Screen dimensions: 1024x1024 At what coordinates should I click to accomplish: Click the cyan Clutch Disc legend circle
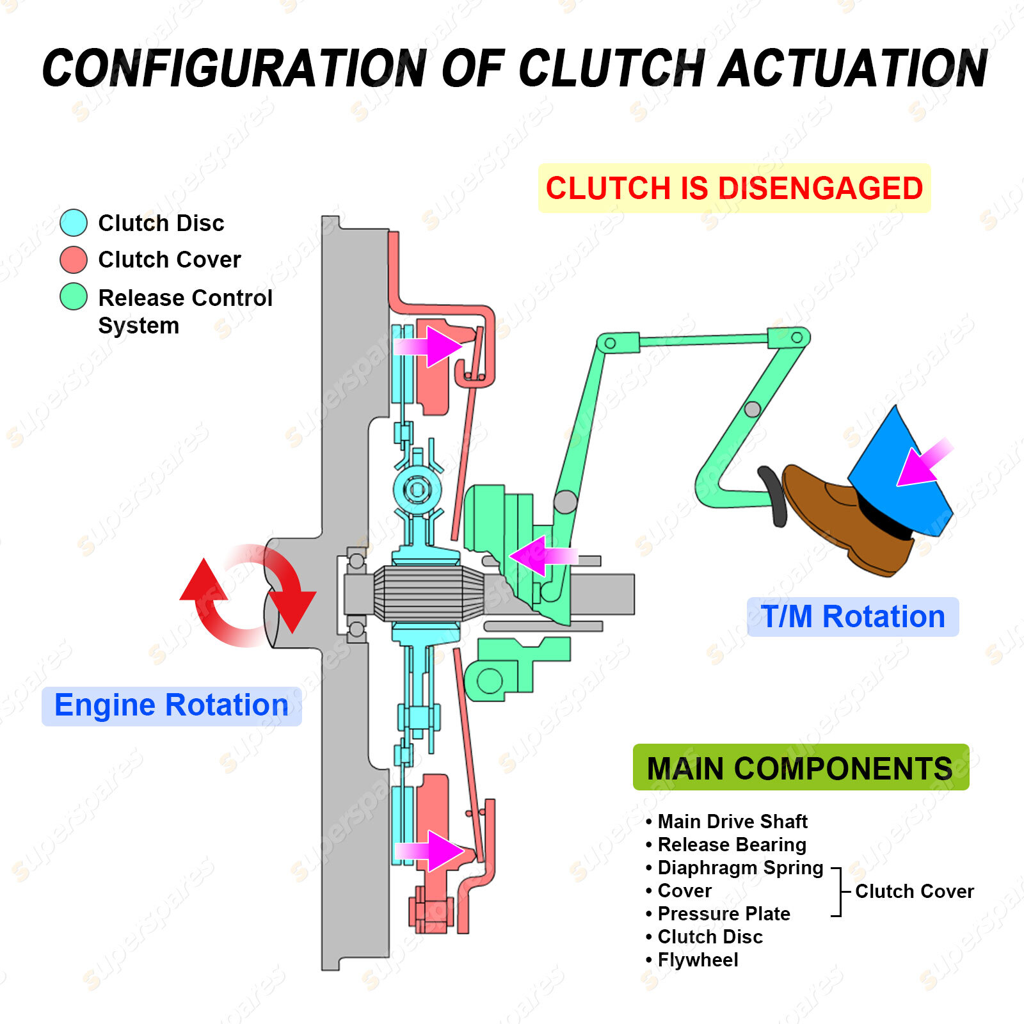click(74, 223)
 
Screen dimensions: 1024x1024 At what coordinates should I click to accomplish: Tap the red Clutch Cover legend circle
click(74, 260)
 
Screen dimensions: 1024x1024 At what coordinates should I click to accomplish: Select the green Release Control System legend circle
click(74, 297)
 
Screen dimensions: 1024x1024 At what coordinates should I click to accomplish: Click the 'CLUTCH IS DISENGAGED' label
click(734, 188)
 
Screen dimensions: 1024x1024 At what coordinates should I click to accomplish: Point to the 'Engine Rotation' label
click(172, 705)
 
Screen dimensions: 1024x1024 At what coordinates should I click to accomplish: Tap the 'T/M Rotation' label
click(852, 617)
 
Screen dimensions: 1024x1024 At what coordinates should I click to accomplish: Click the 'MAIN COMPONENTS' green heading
click(800, 767)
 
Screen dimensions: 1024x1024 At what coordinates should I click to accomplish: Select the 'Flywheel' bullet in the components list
click(698, 960)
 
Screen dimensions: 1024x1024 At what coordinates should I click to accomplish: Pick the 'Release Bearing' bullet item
click(732, 845)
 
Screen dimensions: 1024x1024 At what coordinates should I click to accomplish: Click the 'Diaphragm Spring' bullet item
click(740, 868)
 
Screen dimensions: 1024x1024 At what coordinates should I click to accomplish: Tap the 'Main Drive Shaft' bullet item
click(732, 822)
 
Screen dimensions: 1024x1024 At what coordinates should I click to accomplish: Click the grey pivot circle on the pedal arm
click(753, 409)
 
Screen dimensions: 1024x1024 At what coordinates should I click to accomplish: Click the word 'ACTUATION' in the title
click(854, 69)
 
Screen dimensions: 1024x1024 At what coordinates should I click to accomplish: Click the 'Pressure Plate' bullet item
click(723, 914)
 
